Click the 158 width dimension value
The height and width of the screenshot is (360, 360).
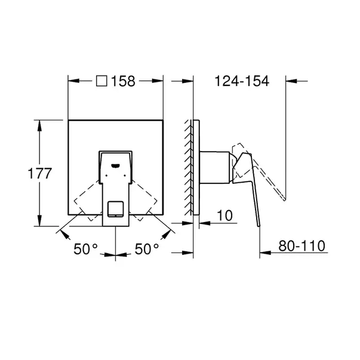123,81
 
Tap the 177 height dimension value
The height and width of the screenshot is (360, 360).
40,173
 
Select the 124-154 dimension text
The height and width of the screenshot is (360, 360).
242,81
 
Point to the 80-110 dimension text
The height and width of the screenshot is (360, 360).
301,246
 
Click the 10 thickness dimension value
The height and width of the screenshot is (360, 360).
224,216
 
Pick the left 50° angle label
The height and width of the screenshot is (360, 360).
85,249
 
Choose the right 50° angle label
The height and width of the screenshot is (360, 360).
147,249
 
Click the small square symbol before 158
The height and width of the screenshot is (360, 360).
101,81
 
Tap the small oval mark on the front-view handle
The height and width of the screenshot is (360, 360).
115,165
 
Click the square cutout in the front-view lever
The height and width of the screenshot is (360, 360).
116,209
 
